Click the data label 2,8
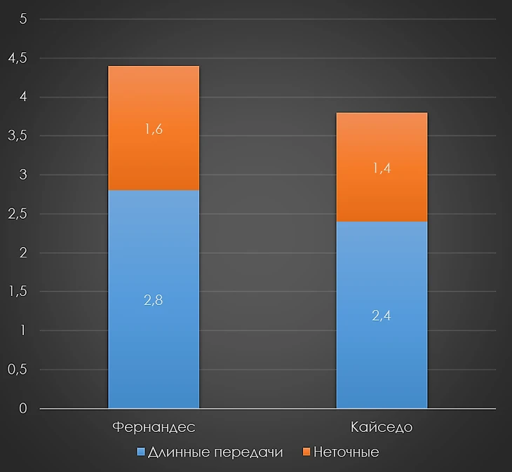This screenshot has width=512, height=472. tap(154, 299)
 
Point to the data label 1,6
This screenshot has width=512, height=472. tap(154, 128)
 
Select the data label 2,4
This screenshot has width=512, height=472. tap(382, 315)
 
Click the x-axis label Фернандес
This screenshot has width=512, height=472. tap(154, 427)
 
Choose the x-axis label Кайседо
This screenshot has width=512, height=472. tap(382, 427)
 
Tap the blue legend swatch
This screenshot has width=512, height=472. tap(141, 452)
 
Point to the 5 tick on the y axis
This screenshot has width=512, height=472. tap(23, 20)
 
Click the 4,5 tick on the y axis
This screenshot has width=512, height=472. tap(17, 58)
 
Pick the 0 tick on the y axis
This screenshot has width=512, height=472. tap(23, 408)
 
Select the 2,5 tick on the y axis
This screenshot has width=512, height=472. tap(17, 214)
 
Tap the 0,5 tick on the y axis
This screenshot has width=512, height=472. tap(17, 370)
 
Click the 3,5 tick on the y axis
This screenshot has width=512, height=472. tap(17, 136)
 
